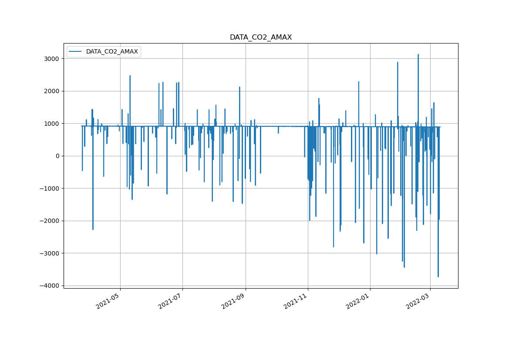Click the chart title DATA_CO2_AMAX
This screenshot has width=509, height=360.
click(261, 37)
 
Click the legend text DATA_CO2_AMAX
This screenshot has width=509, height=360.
click(112, 52)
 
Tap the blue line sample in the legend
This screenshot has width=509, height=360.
click(76, 52)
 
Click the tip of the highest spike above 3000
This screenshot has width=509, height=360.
click(418, 55)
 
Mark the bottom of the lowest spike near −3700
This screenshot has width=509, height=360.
click(438, 276)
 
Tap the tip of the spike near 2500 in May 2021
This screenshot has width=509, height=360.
click(130, 76)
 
